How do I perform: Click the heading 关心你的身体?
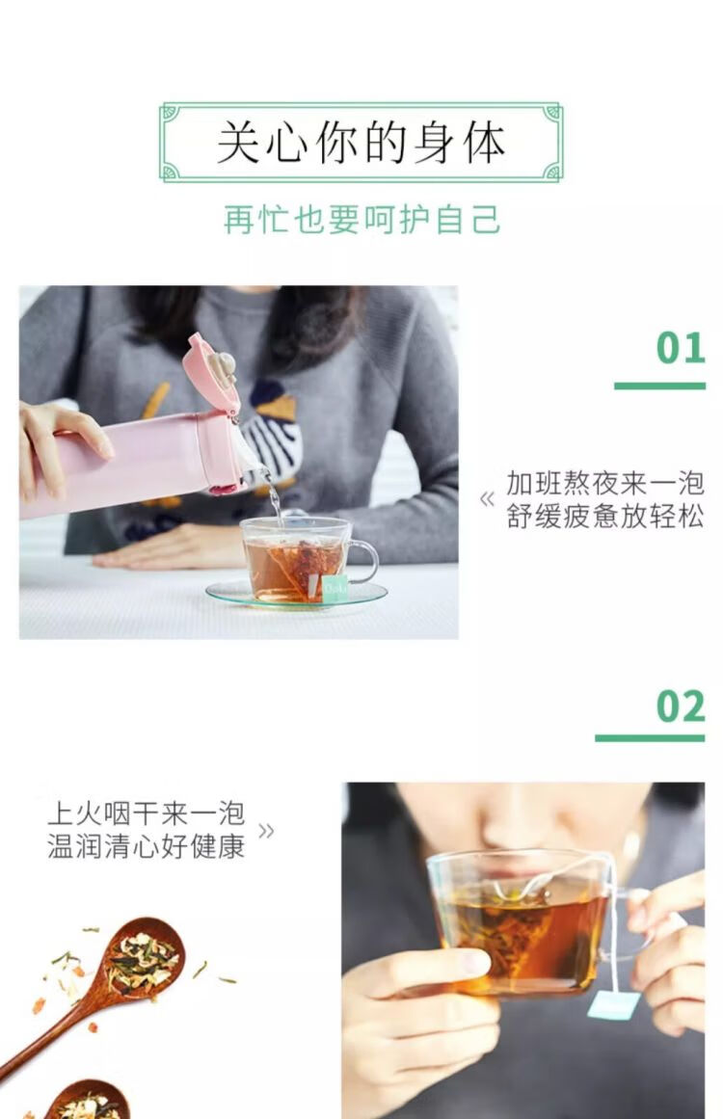tap(361, 142)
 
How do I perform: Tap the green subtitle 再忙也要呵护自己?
tap(361, 219)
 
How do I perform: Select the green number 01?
tap(681, 348)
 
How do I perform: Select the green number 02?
tap(681, 706)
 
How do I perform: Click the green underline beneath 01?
tap(659, 386)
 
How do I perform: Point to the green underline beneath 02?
tap(650, 738)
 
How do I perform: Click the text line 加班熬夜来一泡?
tap(605, 483)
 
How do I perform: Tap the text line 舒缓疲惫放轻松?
tap(605, 516)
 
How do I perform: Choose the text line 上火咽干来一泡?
tap(147, 813)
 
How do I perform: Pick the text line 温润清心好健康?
tap(147, 846)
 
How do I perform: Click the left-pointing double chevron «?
tap(488, 499)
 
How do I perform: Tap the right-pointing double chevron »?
tap(265, 831)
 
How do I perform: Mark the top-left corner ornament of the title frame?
tap(170, 112)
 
